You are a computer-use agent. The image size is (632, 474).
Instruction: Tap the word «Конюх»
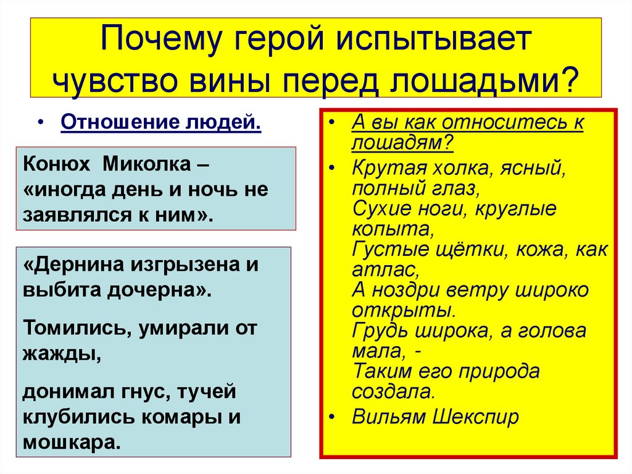(x=54, y=165)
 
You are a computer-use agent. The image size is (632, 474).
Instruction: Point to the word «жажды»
(x=60, y=354)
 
